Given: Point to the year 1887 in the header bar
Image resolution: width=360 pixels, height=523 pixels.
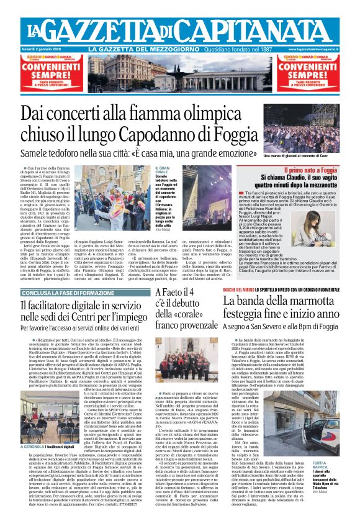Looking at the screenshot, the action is (265, 49).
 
